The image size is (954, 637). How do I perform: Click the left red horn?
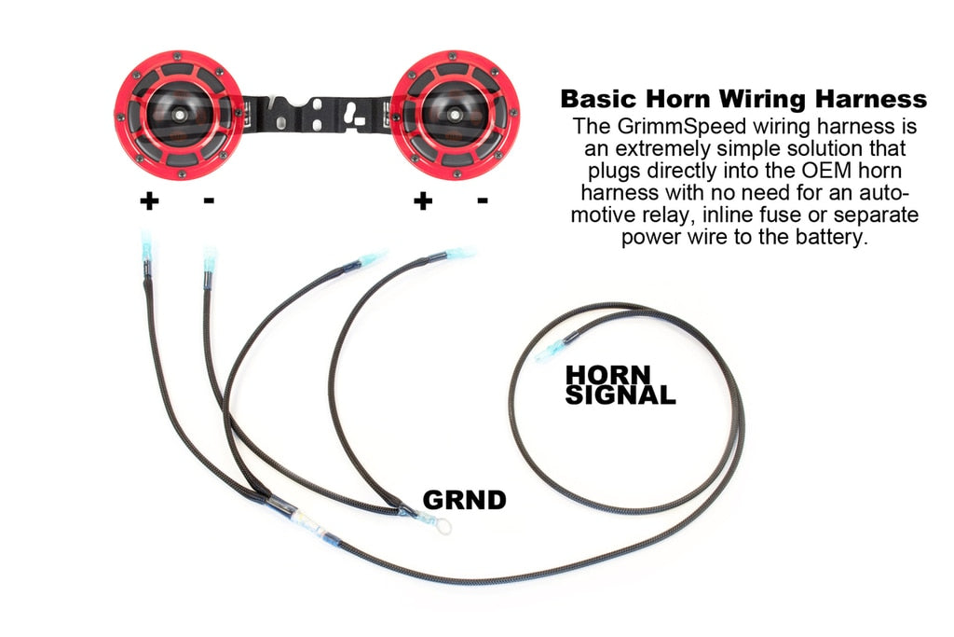[x=177, y=110]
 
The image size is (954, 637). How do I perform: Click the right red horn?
[x=454, y=110]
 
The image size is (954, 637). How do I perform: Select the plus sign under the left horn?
[x=148, y=201]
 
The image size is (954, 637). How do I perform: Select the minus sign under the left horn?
[x=208, y=200]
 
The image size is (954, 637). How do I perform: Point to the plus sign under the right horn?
[x=423, y=201]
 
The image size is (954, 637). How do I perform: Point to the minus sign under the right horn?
[x=483, y=200]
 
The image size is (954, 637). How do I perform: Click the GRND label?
[x=464, y=500]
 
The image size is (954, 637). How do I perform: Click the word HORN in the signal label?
[x=602, y=375]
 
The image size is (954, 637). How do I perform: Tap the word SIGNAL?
[x=620, y=395]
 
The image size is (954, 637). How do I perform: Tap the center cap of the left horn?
[x=177, y=111]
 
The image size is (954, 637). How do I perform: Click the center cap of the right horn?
[x=454, y=111]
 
